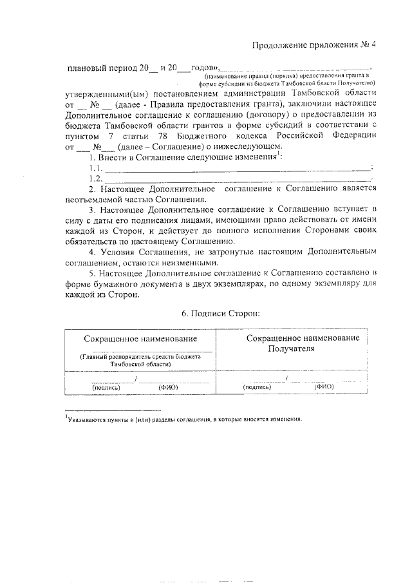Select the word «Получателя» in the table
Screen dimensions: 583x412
click(x=292, y=349)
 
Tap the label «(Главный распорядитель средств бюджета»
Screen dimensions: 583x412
click(x=140, y=356)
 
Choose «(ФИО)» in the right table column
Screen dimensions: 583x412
click(x=324, y=387)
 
